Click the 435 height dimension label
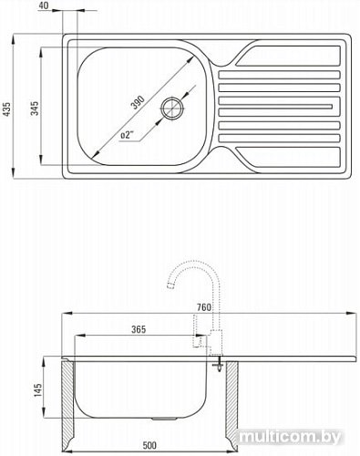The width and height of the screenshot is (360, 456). pyautogui.click(x=6, y=109)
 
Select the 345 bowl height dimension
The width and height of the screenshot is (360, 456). pyautogui.click(x=36, y=109)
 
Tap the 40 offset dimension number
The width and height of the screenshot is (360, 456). pyautogui.click(x=44, y=5)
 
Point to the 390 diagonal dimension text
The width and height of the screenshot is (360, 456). pyautogui.click(x=138, y=102)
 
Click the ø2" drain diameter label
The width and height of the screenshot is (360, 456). pyautogui.click(x=127, y=134)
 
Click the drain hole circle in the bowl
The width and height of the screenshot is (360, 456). pyautogui.click(x=172, y=108)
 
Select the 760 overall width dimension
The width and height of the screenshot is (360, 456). pyautogui.click(x=203, y=307)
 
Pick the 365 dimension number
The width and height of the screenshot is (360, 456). pyautogui.click(x=139, y=329)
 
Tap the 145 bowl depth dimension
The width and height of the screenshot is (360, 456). pyautogui.click(x=37, y=390)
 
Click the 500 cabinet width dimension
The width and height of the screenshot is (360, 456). pyautogui.click(x=149, y=446)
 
